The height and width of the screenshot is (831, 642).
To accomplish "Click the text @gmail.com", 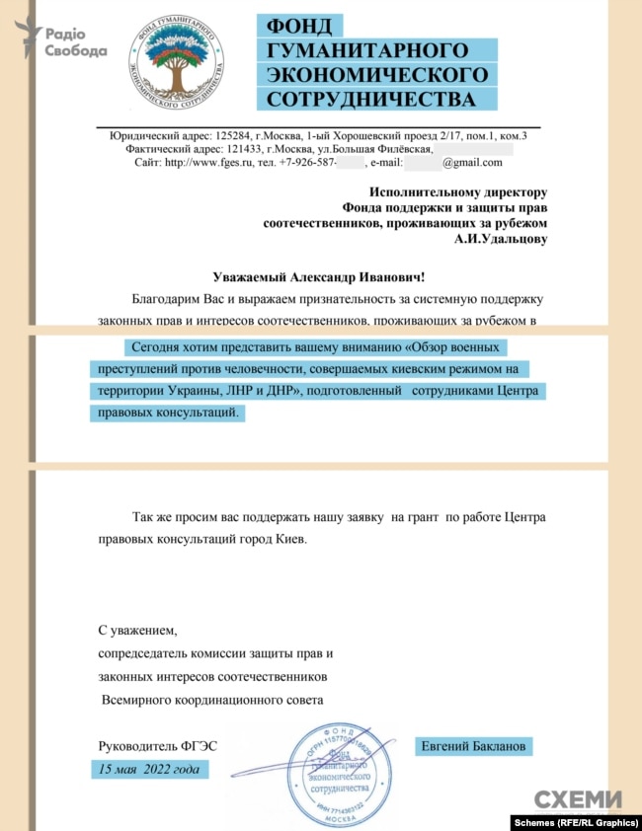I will point(472,163).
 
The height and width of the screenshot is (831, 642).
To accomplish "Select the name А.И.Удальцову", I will point(500,238).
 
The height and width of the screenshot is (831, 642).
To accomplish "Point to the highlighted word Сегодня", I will point(154,348).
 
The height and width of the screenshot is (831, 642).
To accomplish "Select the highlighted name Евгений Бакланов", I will point(475,744).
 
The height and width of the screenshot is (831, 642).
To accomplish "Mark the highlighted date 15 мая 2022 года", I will point(147,769).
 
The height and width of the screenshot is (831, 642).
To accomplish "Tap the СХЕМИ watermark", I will point(579,799).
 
